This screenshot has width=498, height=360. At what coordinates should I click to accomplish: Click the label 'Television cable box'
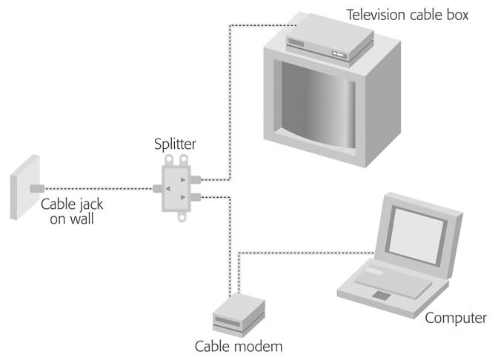point(408,14)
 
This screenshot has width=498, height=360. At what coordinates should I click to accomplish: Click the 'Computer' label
point(456,319)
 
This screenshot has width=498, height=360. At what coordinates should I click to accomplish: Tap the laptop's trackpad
point(382,296)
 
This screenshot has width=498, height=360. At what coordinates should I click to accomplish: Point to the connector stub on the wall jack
point(38,188)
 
